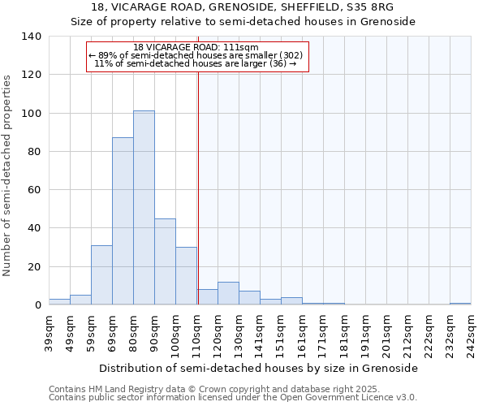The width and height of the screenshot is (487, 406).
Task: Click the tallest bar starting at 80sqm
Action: tap(144, 208)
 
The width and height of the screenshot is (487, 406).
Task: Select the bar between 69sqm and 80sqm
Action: tap(123, 221)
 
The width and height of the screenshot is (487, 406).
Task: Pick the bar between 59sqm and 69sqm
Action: tap(101, 275)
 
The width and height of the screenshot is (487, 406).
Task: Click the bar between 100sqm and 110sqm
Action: tap(186, 276)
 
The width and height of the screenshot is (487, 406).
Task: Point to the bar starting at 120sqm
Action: tap(228, 293)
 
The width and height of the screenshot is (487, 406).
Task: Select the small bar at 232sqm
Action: tap(460, 304)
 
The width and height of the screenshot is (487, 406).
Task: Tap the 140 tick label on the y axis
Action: tap(31, 37)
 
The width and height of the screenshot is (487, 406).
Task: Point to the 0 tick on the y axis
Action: tap(37, 305)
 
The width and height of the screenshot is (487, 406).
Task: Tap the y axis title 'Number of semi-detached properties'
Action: tap(8, 175)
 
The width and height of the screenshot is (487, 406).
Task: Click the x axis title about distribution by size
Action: tap(260, 368)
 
